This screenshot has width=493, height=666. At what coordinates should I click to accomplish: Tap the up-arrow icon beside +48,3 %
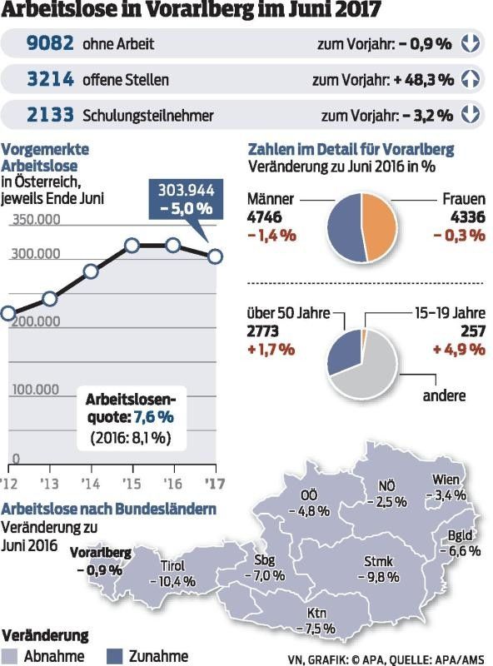pyautogui.click(x=471, y=79)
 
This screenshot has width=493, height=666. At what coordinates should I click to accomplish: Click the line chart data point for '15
pyautogui.click(x=132, y=246)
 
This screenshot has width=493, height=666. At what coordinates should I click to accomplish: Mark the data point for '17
pyautogui.click(x=215, y=256)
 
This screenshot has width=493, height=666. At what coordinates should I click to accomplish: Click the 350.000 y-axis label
pyautogui.click(x=35, y=220)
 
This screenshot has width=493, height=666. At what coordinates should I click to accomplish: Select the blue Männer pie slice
pyautogui.click(x=343, y=226)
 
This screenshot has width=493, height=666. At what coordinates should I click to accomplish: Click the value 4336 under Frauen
pyautogui.click(x=466, y=217)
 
